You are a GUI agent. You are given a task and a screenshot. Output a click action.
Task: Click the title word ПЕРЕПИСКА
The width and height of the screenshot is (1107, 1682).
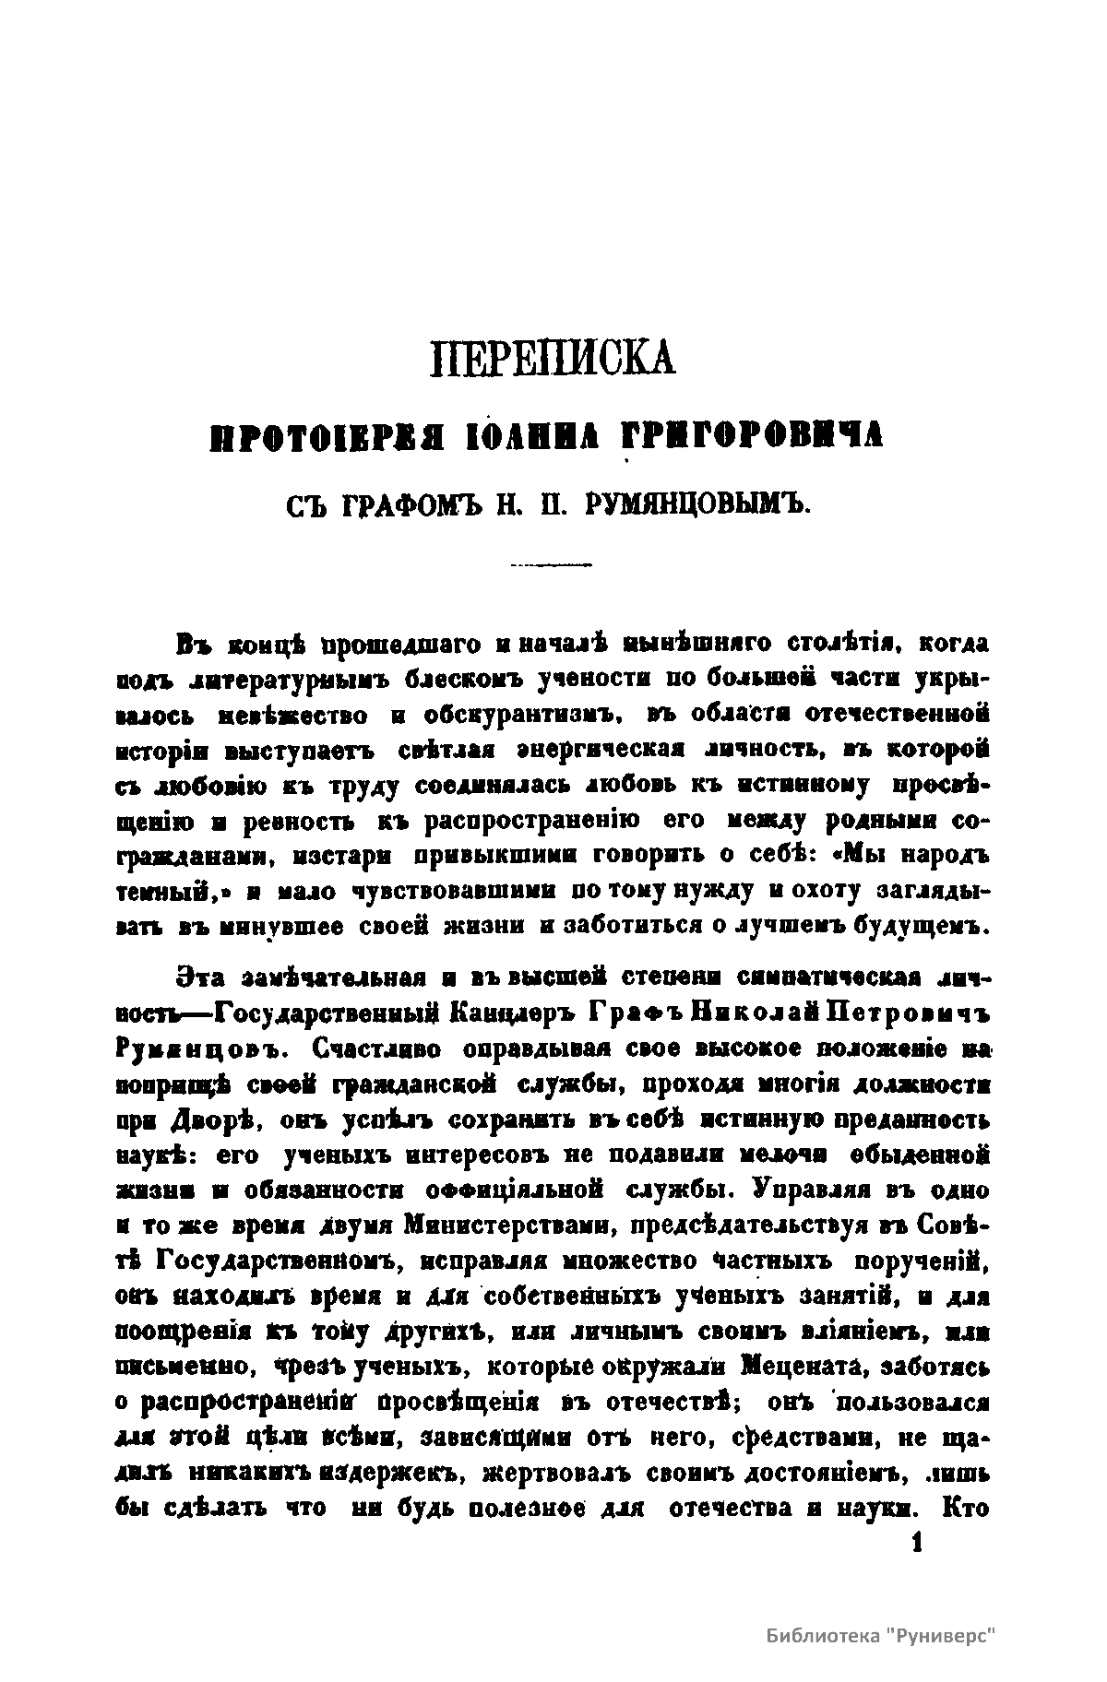[x=553, y=359]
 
